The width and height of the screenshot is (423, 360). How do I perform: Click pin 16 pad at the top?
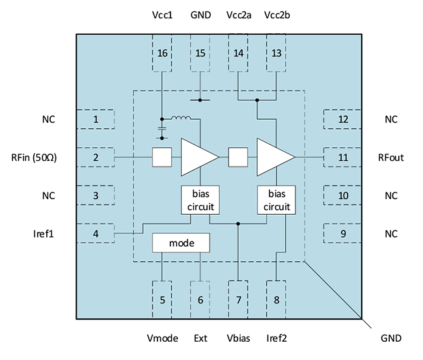[162, 53]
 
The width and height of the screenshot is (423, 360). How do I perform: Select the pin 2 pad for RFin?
[96, 158]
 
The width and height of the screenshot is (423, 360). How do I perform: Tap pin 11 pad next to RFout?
[342, 158]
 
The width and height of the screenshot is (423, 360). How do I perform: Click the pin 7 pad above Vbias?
[239, 299]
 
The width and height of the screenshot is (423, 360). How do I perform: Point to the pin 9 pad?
[342, 234]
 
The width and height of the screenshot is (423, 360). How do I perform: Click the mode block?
[182, 243]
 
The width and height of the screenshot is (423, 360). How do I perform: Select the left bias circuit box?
[200, 200]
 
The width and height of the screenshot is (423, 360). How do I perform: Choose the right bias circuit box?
[277, 200]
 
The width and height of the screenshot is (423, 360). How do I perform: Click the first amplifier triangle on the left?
[197, 158]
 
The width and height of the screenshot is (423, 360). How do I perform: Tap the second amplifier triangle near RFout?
[274, 158]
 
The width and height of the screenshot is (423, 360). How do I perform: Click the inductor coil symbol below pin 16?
[181, 118]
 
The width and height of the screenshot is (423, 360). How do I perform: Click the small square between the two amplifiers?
[238, 158]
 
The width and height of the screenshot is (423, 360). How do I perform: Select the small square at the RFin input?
[161, 158]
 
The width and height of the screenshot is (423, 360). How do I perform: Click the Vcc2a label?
[238, 15]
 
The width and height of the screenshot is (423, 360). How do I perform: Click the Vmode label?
[162, 338]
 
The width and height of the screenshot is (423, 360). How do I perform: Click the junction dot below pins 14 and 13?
[258, 100]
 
